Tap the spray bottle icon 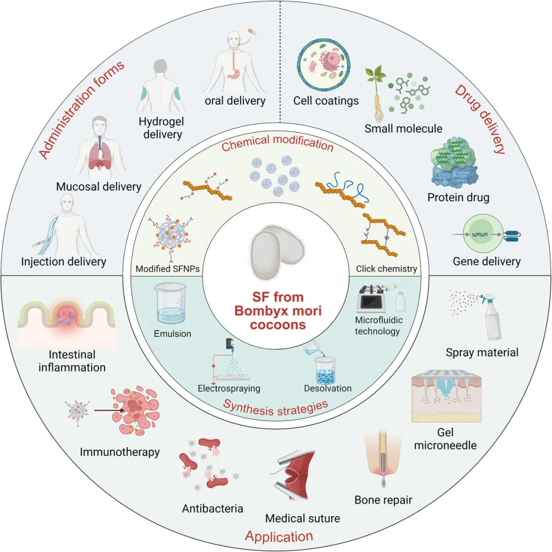pyautogui.click(x=493, y=317)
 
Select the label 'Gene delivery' pyautogui.click(x=487, y=261)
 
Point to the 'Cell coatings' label pyautogui.click(x=326, y=101)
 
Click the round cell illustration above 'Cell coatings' pyautogui.click(x=324, y=65)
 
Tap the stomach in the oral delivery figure pyautogui.click(x=234, y=72)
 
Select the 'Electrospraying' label pyautogui.click(x=229, y=388)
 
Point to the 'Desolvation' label pyautogui.click(x=328, y=388)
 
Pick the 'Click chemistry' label pyautogui.click(x=386, y=269)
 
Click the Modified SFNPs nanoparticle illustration pyautogui.click(x=171, y=234)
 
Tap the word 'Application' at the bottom pyautogui.click(x=279, y=537)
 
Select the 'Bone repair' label pyautogui.click(x=383, y=500)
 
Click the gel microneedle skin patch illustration pyautogui.click(x=446, y=396)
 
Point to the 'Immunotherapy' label pyautogui.click(x=120, y=452)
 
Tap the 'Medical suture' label pyautogui.click(x=303, y=518)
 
